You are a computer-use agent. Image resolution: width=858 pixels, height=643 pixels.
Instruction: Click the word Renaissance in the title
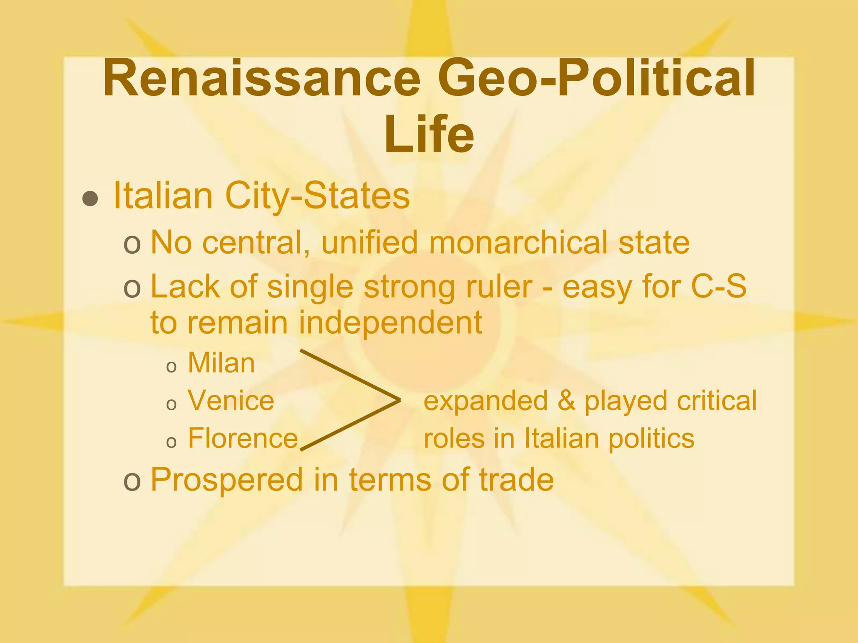(261, 78)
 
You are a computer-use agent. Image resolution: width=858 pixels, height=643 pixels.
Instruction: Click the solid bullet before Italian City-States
(90, 199)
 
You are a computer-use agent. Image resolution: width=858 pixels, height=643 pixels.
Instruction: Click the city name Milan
(221, 363)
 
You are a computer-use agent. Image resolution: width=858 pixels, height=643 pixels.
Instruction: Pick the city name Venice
(231, 401)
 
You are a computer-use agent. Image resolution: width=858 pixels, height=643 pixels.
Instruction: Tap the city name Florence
(243, 438)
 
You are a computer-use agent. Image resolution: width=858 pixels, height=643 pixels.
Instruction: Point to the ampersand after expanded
(566, 401)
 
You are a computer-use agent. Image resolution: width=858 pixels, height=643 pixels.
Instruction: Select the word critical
(717, 401)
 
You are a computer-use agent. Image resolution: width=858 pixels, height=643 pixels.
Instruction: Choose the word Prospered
(226, 479)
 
